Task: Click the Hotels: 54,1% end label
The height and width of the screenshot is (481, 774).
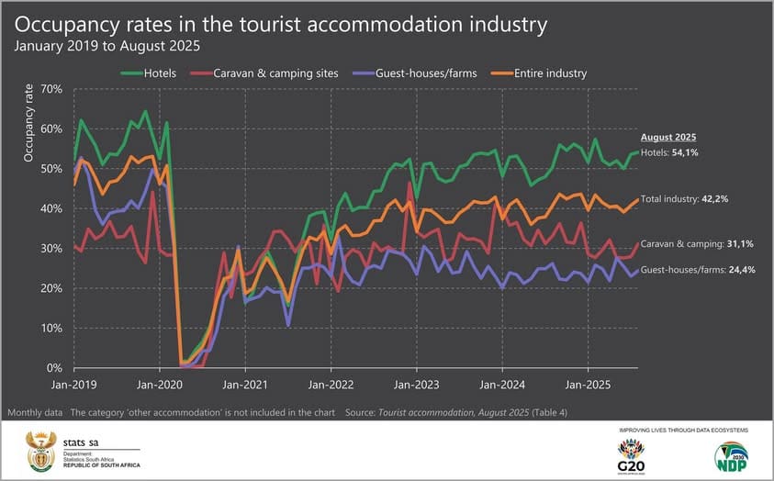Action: [x=669, y=152]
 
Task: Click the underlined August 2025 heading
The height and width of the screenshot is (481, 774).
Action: [x=668, y=136]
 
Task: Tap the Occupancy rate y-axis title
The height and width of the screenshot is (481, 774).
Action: [x=29, y=123]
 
